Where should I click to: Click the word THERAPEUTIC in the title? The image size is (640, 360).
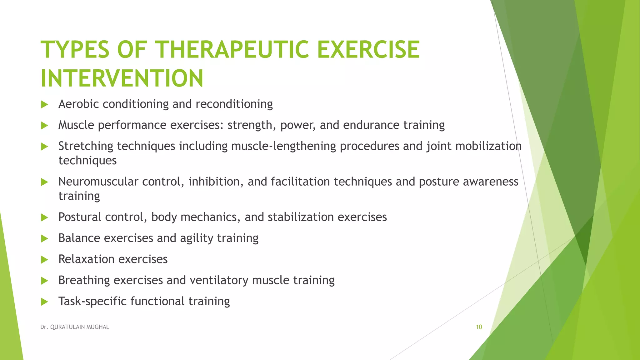click(x=232, y=49)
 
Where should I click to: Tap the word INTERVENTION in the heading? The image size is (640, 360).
click(x=122, y=78)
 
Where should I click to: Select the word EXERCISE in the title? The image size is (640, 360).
click(x=368, y=49)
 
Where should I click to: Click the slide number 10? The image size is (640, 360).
click(x=479, y=327)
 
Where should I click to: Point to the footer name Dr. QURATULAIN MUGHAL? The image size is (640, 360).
click(x=75, y=327)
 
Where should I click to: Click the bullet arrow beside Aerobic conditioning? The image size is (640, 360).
click(x=44, y=104)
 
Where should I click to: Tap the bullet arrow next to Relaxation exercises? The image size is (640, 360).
click(x=44, y=260)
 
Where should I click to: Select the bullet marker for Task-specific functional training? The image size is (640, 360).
click(x=44, y=302)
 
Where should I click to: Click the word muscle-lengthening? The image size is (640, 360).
click(x=283, y=146)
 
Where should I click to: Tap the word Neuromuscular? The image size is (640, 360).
click(x=98, y=182)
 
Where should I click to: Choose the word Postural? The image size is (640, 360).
click(x=80, y=217)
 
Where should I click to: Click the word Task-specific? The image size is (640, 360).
click(x=92, y=302)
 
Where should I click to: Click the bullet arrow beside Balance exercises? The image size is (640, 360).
click(x=44, y=239)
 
